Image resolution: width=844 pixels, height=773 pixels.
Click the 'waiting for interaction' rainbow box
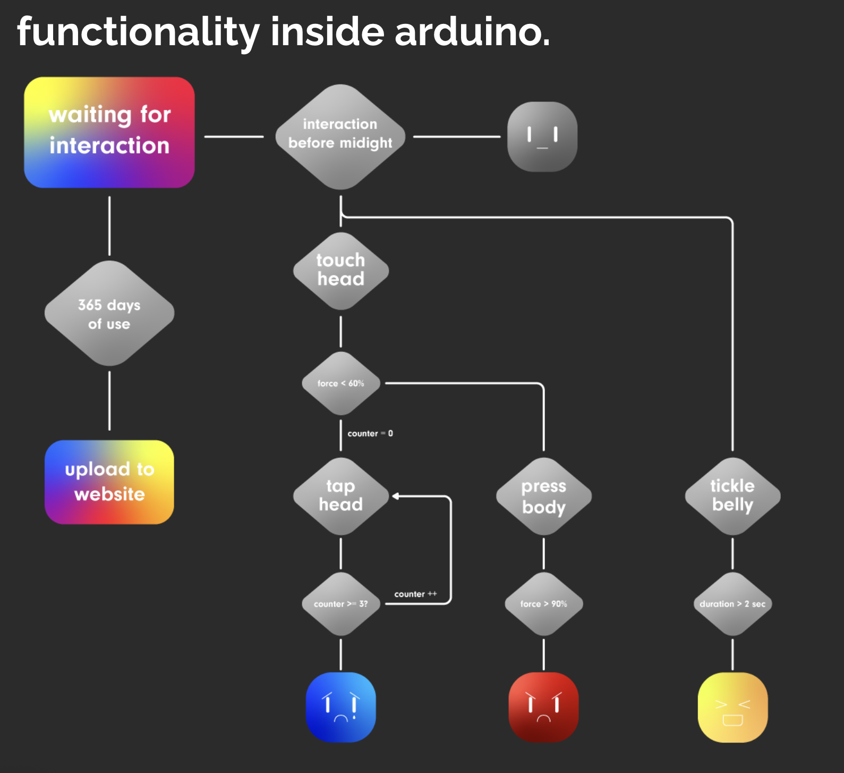click(x=109, y=132)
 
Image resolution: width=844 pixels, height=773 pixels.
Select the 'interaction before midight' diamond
click(x=340, y=137)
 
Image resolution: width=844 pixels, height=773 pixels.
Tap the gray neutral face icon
click(x=542, y=137)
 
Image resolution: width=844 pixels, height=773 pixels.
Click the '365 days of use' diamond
click(x=109, y=313)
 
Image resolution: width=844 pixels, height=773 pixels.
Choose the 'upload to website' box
click(x=109, y=482)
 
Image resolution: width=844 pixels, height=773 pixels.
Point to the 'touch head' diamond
click(x=341, y=271)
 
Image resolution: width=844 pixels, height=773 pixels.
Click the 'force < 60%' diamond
click(x=341, y=383)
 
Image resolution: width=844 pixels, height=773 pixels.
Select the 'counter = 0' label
click(x=370, y=434)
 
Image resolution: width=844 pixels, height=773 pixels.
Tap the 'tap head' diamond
click(x=341, y=496)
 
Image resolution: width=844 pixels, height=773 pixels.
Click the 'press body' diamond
click(x=544, y=496)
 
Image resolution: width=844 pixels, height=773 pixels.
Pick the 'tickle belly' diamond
click(x=732, y=496)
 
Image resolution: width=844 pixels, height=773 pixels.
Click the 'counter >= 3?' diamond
click(x=341, y=604)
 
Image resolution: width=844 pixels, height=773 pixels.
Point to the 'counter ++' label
click(x=415, y=594)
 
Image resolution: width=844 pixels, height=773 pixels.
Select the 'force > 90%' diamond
click(x=544, y=604)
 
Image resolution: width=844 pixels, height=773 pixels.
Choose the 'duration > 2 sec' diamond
click(x=732, y=604)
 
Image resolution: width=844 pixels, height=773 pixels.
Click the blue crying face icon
click(x=341, y=707)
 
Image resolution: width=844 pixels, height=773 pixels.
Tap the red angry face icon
click(x=544, y=707)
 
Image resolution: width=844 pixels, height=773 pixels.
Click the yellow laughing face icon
click(x=732, y=707)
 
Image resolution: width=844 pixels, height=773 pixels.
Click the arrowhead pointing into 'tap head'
click(x=396, y=496)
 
